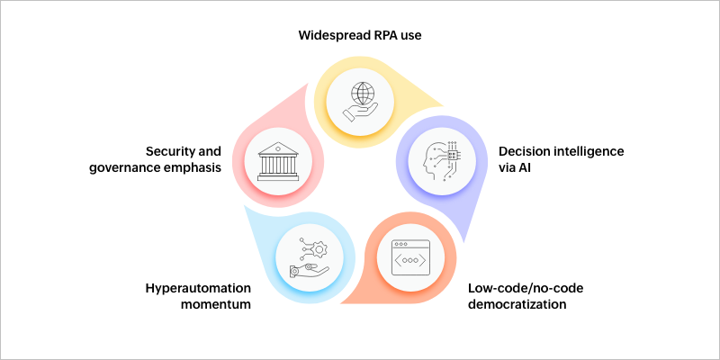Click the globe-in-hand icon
[360, 101]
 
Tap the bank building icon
[277, 161]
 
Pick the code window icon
[410, 257]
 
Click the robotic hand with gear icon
[309, 256]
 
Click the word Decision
[524, 151]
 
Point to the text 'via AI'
[516, 168]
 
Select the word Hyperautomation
[198, 288]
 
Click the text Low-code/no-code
[526, 288]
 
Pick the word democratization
[517, 304]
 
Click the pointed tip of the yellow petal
[443, 106]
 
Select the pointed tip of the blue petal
[243, 205]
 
